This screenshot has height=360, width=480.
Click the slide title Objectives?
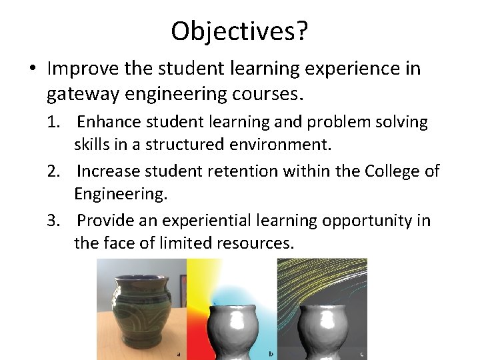[240, 31]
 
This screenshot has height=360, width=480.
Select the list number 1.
[53, 123]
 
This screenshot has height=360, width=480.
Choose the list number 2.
[53, 171]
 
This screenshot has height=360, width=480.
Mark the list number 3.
[53, 221]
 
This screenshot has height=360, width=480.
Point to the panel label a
[179, 353]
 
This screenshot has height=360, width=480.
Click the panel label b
[270, 353]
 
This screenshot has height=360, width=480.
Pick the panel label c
[361, 353]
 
